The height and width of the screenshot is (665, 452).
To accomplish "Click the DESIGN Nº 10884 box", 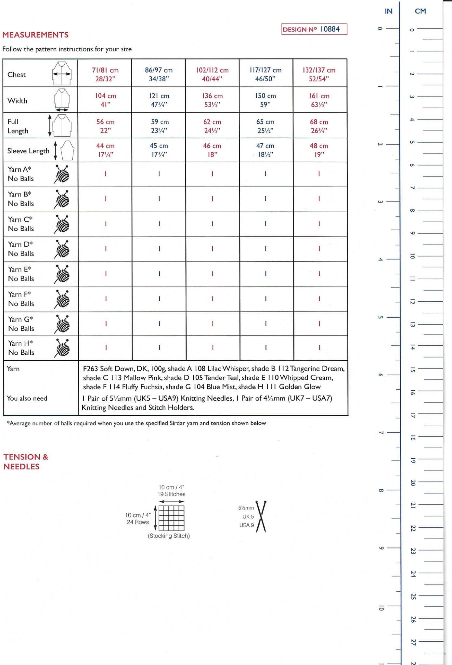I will (x=314, y=29).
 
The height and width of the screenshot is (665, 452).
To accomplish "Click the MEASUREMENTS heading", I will (x=35, y=35).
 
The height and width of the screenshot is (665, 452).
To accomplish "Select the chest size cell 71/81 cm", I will (x=105, y=74).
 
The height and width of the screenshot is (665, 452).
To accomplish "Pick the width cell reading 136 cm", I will (x=212, y=100).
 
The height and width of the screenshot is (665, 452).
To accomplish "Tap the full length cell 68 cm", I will (x=319, y=126).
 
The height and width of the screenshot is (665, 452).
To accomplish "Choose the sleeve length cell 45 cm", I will (x=159, y=150).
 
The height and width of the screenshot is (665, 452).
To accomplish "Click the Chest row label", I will (x=17, y=74).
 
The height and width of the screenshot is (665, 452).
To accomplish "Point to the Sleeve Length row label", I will (x=28, y=151).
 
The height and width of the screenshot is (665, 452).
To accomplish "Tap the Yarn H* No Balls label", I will (x=21, y=348).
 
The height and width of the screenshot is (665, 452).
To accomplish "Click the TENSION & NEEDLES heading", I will (x=26, y=461).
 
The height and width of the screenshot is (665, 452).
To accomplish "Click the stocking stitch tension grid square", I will (x=172, y=518).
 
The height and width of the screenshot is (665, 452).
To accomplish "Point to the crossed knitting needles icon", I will (x=261, y=516).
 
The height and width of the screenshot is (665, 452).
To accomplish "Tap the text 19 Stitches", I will (x=171, y=494).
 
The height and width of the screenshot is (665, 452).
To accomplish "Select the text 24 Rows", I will (x=138, y=522).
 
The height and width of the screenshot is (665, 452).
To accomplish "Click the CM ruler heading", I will (x=420, y=11).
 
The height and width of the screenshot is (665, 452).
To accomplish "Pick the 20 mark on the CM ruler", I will (x=412, y=483).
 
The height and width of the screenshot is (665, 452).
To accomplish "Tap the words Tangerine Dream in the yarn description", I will (x=317, y=369).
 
